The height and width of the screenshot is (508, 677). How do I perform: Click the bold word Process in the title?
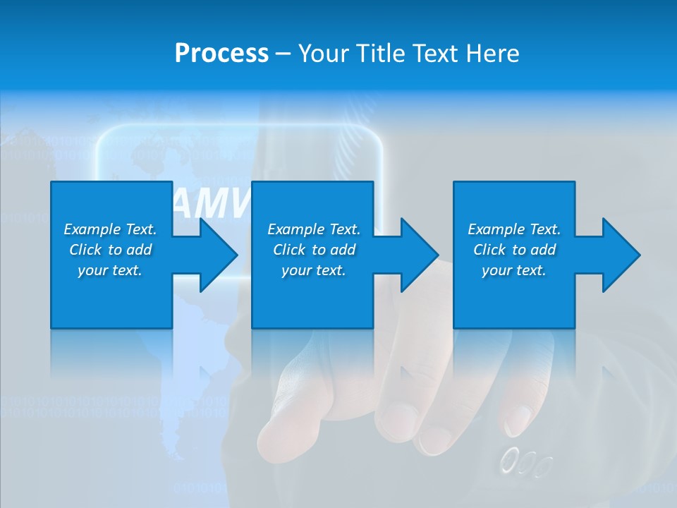(221, 54)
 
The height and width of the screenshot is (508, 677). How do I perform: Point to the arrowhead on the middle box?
(417, 255)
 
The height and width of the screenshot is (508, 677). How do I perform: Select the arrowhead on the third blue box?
(619, 255)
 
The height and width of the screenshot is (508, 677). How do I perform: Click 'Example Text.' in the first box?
(110, 229)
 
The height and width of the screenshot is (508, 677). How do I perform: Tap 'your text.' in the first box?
(110, 270)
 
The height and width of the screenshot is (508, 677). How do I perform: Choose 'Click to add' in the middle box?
(314, 250)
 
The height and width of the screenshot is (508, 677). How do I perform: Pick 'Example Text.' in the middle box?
(314, 229)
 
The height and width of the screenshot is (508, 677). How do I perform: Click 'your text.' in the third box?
(514, 270)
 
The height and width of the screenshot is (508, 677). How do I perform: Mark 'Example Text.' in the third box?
(514, 229)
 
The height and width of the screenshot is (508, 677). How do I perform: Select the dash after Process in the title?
(283, 54)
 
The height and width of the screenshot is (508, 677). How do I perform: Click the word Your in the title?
(325, 54)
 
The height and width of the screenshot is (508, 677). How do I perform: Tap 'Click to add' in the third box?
(514, 250)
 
